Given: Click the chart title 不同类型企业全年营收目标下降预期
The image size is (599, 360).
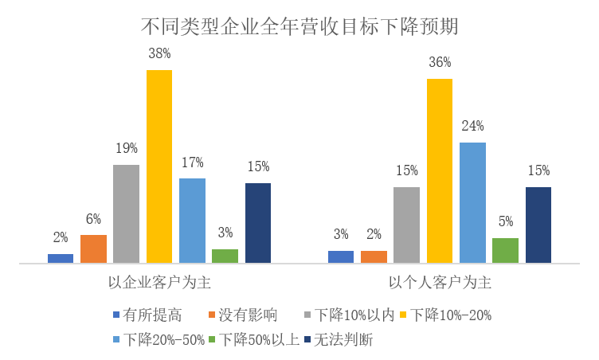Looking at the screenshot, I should [x=299, y=25].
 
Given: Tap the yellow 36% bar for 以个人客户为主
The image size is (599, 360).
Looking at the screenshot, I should [x=440, y=170].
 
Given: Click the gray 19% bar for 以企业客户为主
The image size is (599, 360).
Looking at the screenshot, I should [x=126, y=213].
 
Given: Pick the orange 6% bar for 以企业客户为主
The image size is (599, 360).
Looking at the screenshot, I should [x=93, y=248].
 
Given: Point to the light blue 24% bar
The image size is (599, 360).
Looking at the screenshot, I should [x=472, y=202].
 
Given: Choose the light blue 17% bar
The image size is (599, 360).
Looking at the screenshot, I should [x=192, y=220].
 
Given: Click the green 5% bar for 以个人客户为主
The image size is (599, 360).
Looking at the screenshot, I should [x=505, y=250].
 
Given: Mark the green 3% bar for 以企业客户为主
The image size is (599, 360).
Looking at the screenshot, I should [x=225, y=256].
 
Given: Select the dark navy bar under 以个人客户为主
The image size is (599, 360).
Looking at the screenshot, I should [x=538, y=225].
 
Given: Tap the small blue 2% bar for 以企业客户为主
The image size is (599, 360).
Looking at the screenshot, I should [x=61, y=258].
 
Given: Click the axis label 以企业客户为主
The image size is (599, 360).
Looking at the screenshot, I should [x=159, y=281].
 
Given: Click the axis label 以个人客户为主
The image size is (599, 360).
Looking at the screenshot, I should [x=440, y=281].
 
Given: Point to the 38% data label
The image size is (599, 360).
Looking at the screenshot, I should [x=159, y=53].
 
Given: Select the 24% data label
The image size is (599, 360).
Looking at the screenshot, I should [x=472, y=126].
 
